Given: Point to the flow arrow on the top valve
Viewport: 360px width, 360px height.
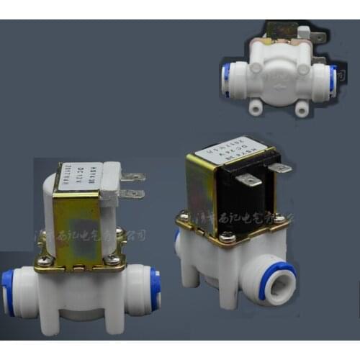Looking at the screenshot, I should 280,91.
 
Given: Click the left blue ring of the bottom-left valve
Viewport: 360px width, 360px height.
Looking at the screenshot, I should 8,291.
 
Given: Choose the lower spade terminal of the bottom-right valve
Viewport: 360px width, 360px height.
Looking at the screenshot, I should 250,180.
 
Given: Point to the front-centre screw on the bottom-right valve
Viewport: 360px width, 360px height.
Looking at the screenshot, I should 228,235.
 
